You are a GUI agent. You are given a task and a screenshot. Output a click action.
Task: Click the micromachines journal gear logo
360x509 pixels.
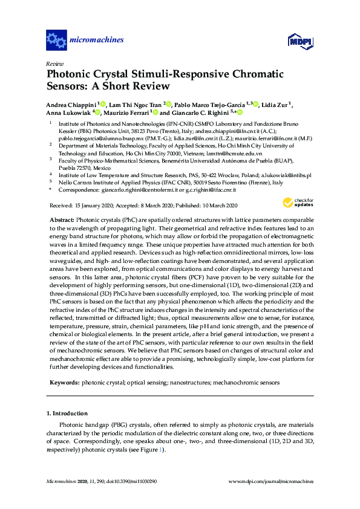click(56, 41)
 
